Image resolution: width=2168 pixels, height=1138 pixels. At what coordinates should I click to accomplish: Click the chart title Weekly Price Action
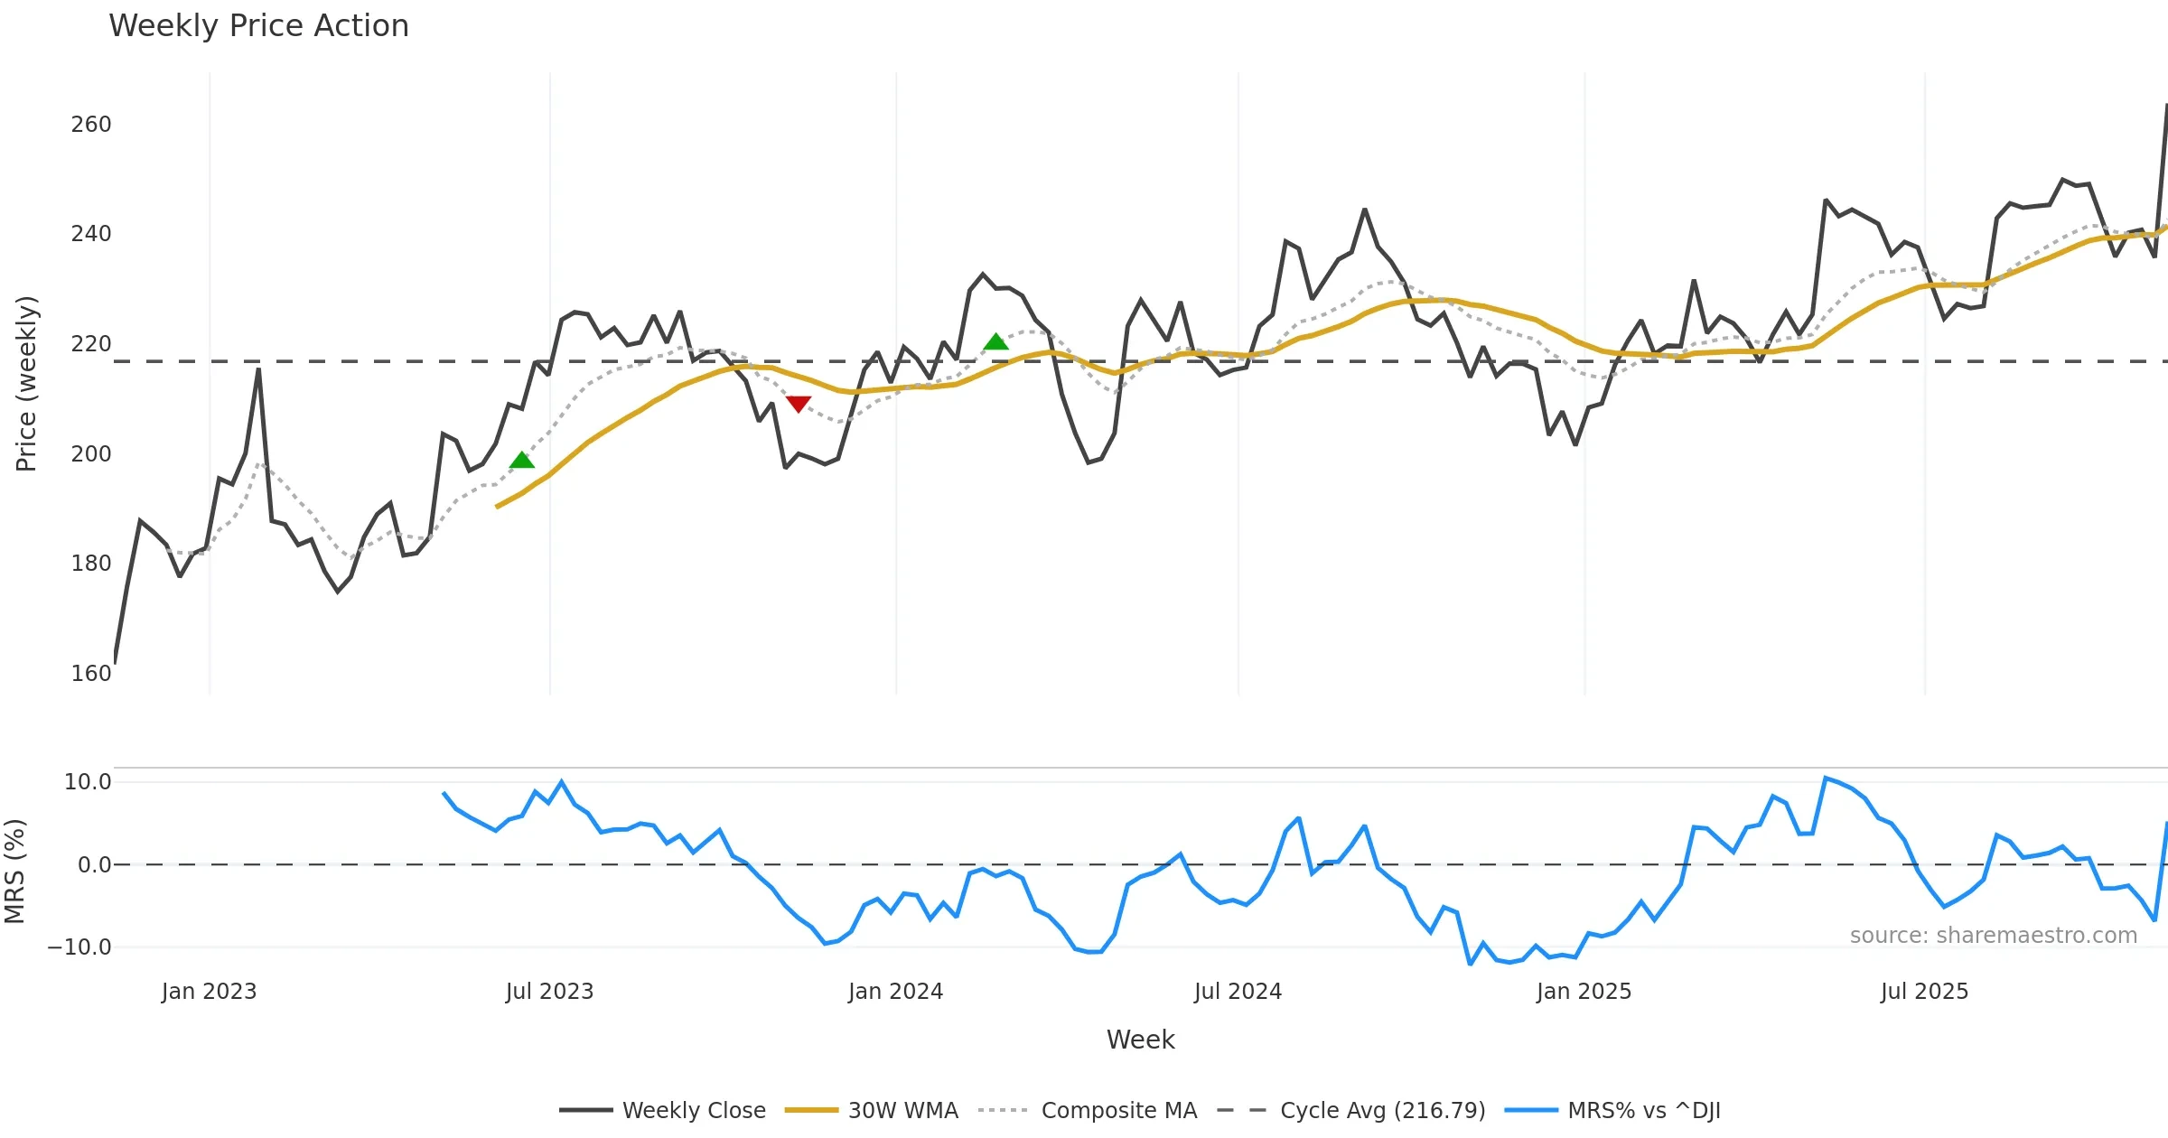tap(258, 26)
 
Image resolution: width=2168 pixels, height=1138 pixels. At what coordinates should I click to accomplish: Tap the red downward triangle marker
tap(798, 404)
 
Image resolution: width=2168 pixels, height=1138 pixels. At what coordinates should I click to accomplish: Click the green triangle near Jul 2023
tap(522, 461)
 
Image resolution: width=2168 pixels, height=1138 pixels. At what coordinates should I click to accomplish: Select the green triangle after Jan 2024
tap(995, 341)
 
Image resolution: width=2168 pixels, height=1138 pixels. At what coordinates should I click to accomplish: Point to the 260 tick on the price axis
tap(91, 125)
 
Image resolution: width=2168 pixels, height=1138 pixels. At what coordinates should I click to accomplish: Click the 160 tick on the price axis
tap(91, 674)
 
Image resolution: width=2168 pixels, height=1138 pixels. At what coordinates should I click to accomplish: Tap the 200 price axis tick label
tap(91, 454)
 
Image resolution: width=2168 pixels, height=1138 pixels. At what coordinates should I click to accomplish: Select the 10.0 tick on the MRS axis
tap(88, 782)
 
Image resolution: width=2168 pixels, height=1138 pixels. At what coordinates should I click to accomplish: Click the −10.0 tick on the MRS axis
tap(79, 947)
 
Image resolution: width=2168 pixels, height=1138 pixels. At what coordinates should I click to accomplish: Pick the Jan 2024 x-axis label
tap(895, 992)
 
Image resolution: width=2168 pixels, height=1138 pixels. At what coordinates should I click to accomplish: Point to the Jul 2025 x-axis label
tap(1924, 992)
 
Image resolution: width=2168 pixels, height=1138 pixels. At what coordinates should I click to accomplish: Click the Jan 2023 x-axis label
tap(210, 992)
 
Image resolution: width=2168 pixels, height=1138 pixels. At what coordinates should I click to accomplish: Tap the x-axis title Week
tap(1140, 1040)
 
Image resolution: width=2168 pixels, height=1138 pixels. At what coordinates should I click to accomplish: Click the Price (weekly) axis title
tap(27, 384)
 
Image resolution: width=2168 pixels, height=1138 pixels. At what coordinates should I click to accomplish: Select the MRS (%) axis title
tap(15, 872)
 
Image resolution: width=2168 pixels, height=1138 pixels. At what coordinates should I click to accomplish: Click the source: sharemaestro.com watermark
tap(1993, 936)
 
